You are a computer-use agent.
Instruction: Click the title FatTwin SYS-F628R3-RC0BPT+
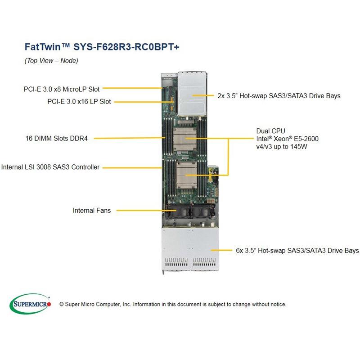101,47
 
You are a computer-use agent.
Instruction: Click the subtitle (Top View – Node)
51,61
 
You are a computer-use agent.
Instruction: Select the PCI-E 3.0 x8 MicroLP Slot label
62,89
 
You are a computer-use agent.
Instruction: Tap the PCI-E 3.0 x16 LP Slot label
79,102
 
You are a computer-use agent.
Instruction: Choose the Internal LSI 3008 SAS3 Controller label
50,167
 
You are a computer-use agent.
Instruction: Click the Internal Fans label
91,210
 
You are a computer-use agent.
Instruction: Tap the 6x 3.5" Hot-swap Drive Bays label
297,250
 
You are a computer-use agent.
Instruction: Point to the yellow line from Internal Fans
139,210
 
